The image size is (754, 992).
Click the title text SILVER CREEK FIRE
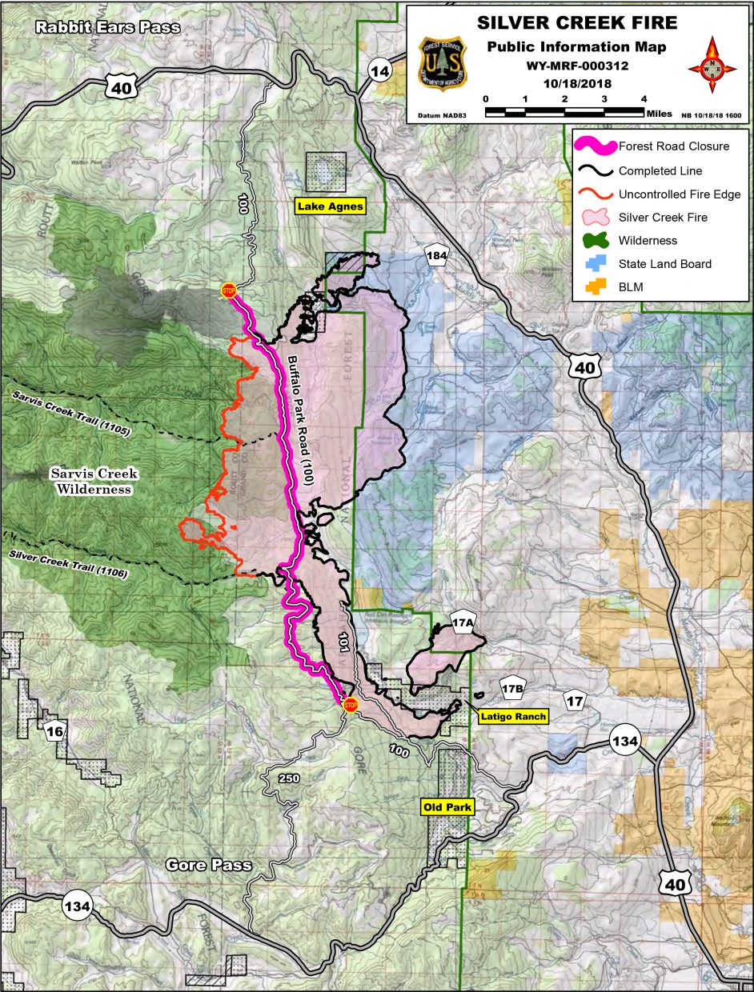point(576,23)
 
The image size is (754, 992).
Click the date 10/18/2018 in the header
point(576,82)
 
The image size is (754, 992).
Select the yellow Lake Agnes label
point(330,206)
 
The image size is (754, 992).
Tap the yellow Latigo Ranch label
point(514,717)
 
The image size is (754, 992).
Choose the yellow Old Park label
point(448,807)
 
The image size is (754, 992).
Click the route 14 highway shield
point(382,72)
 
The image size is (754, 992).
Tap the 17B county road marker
point(512,688)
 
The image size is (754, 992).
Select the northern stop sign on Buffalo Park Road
point(229,290)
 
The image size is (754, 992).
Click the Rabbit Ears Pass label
point(107,28)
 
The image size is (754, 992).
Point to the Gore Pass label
point(208,866)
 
